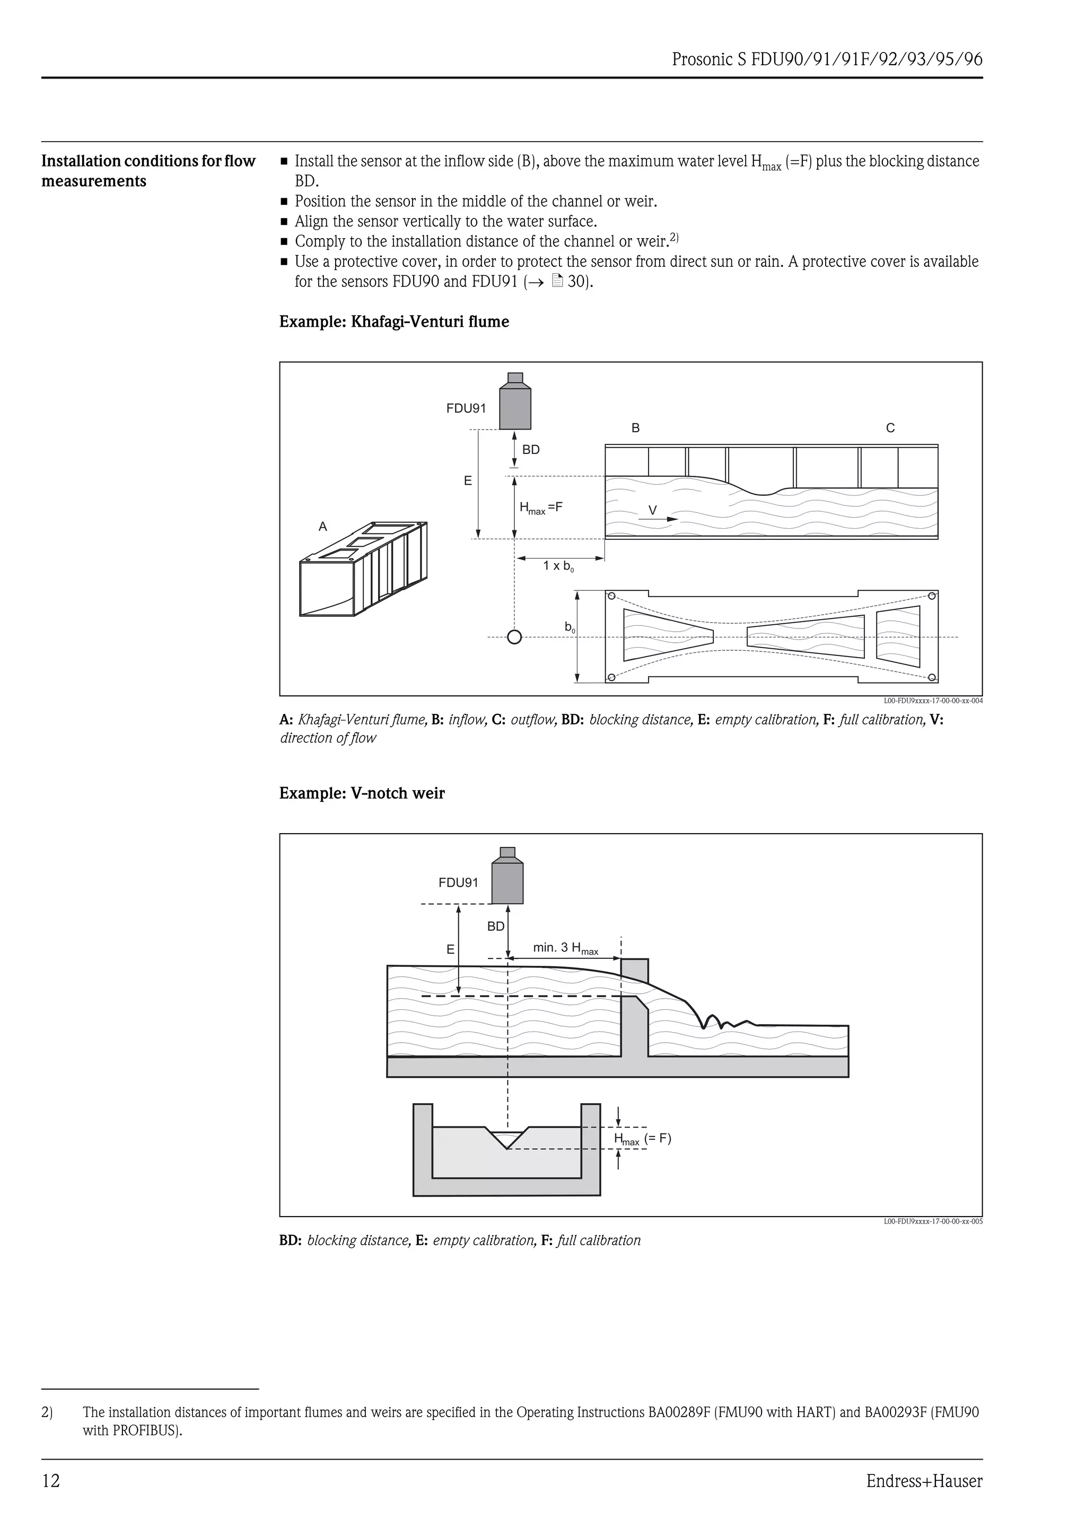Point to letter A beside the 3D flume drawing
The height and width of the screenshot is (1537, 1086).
pos(322,527)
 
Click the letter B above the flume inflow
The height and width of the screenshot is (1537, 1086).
pos(635,428)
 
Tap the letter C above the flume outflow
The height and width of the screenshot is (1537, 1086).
pos(889,428)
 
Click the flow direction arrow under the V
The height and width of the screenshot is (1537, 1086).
pos(662,519)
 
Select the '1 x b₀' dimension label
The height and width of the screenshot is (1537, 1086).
pos(558,566)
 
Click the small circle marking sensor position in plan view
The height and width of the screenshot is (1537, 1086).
pos(514,636)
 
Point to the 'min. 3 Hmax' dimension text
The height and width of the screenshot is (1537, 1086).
pos(565,948)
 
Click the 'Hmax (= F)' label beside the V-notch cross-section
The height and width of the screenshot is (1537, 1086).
pos(642,1139)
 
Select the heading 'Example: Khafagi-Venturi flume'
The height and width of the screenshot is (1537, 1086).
pos(393,322)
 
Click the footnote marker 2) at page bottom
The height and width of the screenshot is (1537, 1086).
pos(47,1412)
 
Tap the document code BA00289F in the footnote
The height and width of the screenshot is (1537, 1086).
pos(678,1412)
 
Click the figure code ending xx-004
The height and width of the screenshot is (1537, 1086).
pos(933,701)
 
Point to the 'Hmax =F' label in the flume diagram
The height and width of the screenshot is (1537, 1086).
pos(541,508)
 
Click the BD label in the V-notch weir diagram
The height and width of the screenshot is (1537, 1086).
pos(496,927)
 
